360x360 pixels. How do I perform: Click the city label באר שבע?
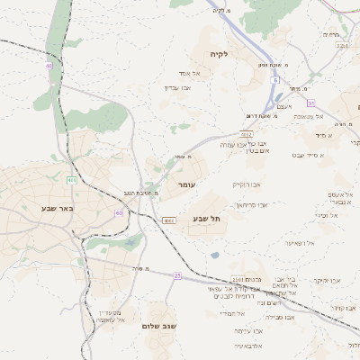(56, 208)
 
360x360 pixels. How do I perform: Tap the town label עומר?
(186, 184)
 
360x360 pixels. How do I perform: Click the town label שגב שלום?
(157, 326)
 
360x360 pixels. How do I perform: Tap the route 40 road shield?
(48, 66)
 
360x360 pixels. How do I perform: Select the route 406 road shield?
(71, 181)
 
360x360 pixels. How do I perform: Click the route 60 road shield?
(119, 212)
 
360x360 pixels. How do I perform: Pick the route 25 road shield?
(177, 275)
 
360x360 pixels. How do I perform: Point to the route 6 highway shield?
(274, 80)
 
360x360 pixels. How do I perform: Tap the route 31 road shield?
(310, 103)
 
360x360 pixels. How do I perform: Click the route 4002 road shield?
(167, 220)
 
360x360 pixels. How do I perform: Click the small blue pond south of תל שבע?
(214, 255)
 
